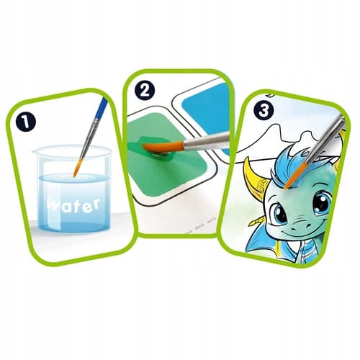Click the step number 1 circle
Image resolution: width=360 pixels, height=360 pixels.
[x=26, y=122]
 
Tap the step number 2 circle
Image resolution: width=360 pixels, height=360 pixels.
[x=145, y=91]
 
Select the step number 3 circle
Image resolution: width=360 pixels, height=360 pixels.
[x=264, y=110]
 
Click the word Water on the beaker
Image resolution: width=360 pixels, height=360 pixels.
[x=73, y=206]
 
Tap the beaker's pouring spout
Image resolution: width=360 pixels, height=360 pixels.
[x=36, y=151]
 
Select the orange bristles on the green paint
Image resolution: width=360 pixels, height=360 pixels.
[x=163, y=147]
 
